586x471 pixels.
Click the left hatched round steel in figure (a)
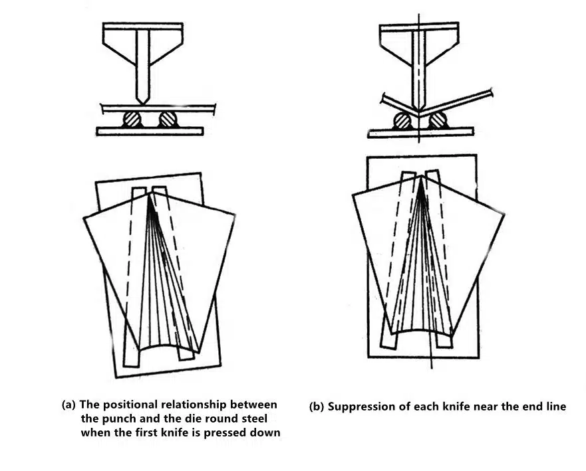tap(132, 120)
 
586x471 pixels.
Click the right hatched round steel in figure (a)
tap(168, 120)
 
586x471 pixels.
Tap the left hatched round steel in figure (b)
tap(402, 120)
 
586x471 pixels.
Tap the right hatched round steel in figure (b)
tap(438, 120)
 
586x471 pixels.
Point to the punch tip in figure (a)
tap(143, 104)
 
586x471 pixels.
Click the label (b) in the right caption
tap(317, 407)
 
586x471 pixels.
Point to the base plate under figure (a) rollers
tap(150, 132)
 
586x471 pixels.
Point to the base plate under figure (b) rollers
tap(421, 132)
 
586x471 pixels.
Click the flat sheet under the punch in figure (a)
tap(158, 109)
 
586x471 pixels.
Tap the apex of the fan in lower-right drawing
tap(422, 176)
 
